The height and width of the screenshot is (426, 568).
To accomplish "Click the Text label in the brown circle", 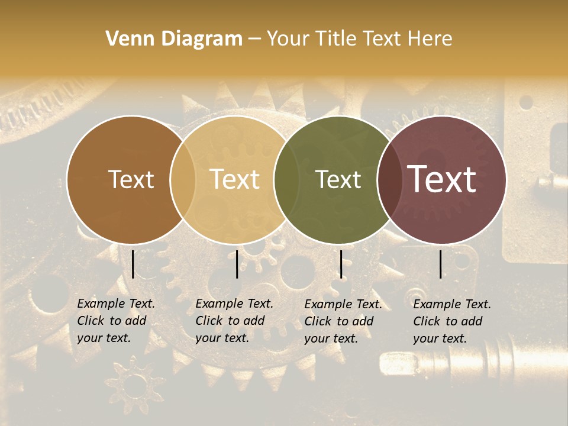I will coord(131,179).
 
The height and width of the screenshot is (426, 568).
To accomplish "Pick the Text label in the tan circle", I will coord(235,179).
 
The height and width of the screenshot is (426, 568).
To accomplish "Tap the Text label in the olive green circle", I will coord(338,179).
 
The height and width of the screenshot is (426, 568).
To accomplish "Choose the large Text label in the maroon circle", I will coord(442,179).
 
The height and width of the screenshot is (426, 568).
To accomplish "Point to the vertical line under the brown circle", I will coord(133,264).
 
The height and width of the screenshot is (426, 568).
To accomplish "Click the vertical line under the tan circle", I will coord(237,264).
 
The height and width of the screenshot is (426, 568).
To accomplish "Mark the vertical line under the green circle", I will coord(341,264).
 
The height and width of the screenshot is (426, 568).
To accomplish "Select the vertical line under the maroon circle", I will coord(441,264).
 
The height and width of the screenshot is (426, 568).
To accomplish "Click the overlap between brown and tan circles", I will coord(183,179).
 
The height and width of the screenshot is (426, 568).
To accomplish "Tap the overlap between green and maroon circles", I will coord(389,179).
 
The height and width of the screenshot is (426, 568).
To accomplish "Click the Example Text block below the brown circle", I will coord(116,321).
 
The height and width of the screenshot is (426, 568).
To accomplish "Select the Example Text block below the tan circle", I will coord(234,321).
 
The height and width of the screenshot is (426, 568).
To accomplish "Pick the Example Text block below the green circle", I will coord(343,321).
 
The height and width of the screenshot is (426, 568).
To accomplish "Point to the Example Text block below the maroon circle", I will coord(452,321).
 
